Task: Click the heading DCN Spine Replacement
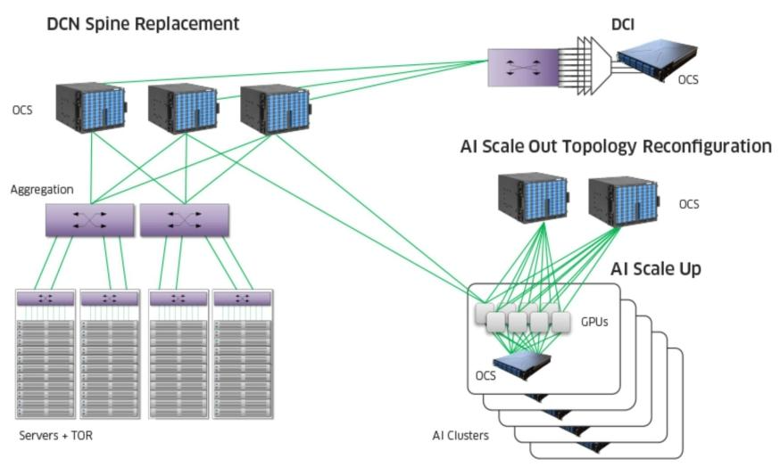coord(143,24)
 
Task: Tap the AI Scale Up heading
coord(656,268)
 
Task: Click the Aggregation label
coord(42,190)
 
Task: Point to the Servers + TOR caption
coord(55,436)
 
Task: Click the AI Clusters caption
coord(461,436)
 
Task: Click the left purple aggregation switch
coord(90,219)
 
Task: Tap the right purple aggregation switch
coord(185,219)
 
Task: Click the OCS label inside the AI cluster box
coord(485,375)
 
